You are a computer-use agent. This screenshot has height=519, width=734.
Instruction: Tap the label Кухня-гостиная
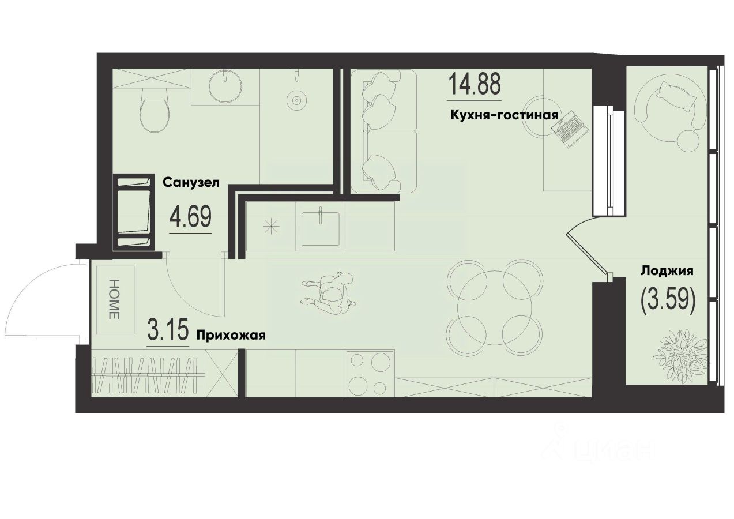point(504,115)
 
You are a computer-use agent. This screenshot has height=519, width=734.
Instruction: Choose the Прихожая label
point(231,335)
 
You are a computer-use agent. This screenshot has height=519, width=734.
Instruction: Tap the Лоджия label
point(667,270)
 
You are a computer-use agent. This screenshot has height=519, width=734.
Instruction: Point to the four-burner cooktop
point(370,373)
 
